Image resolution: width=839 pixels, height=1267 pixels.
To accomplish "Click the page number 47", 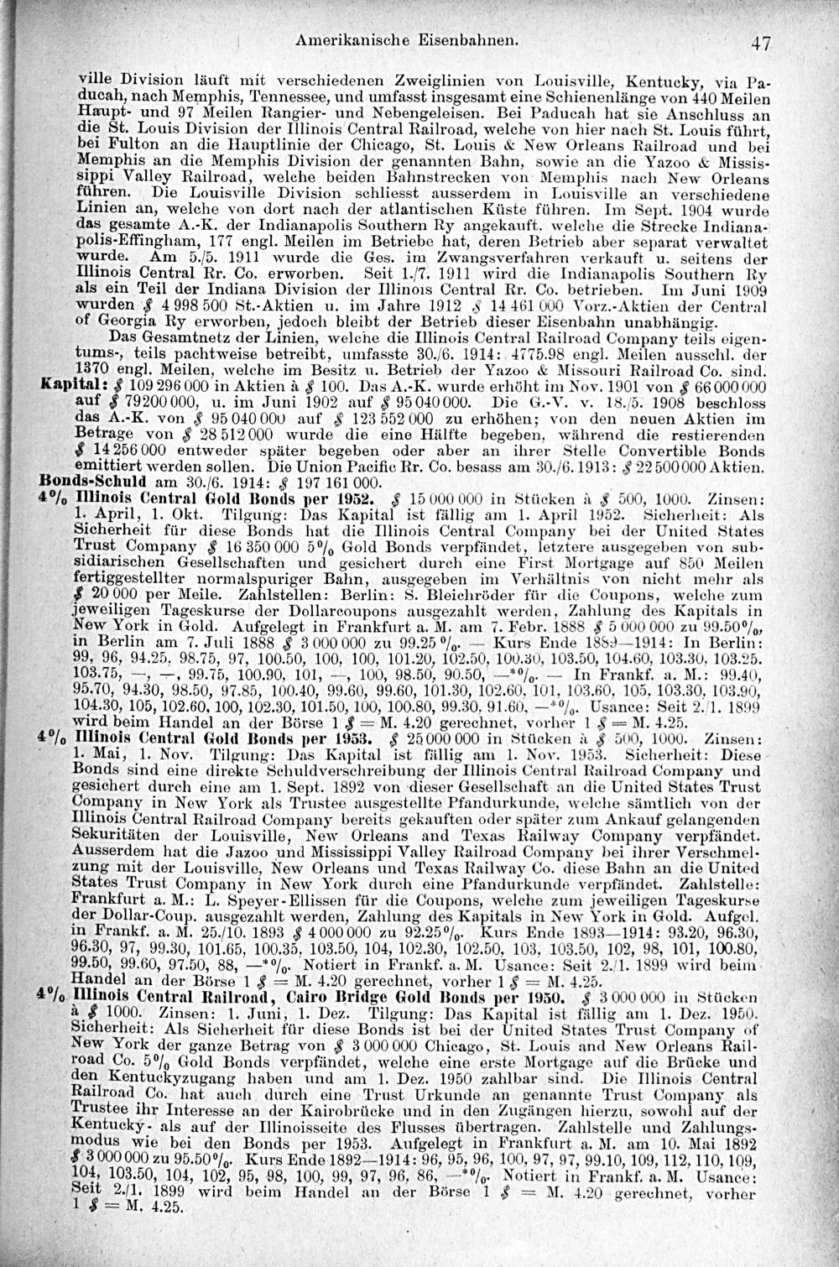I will click(761, 42).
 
